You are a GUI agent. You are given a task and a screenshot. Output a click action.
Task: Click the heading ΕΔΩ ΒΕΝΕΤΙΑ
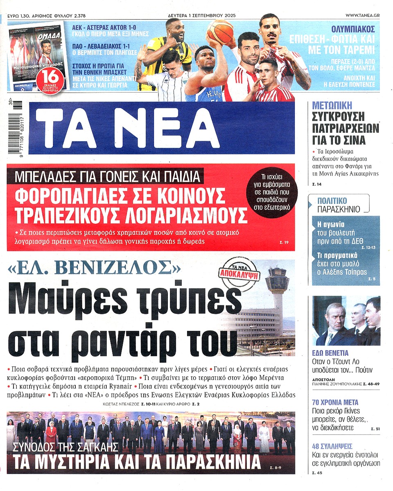330,353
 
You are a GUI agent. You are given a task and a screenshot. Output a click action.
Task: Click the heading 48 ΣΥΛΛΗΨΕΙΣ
332,446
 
